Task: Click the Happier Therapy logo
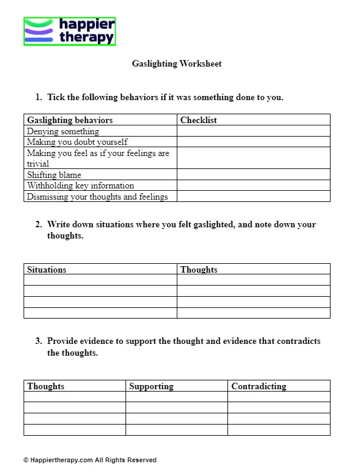(x=70, y=31)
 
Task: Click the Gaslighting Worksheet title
(x=177, y=64)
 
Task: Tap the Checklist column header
(x=199, y=120)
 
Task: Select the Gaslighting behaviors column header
(x=70, y=120)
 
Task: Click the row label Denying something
(x=63, y=131)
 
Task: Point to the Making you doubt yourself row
(x=77, y=142)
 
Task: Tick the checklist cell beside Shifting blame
(x=253, y=175)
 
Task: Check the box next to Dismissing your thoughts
(x=253, y=197)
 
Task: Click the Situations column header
(x=47, y=270)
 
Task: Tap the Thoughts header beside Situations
(x=199, y=270)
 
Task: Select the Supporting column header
(x=151, y=386)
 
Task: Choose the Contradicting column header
(x=259, y=386)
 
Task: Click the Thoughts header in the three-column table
(x=46, y=386)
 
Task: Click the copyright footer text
(x=90, y=460)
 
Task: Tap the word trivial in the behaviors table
(x=38, y=164)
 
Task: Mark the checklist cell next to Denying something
(x=253, y=131)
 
